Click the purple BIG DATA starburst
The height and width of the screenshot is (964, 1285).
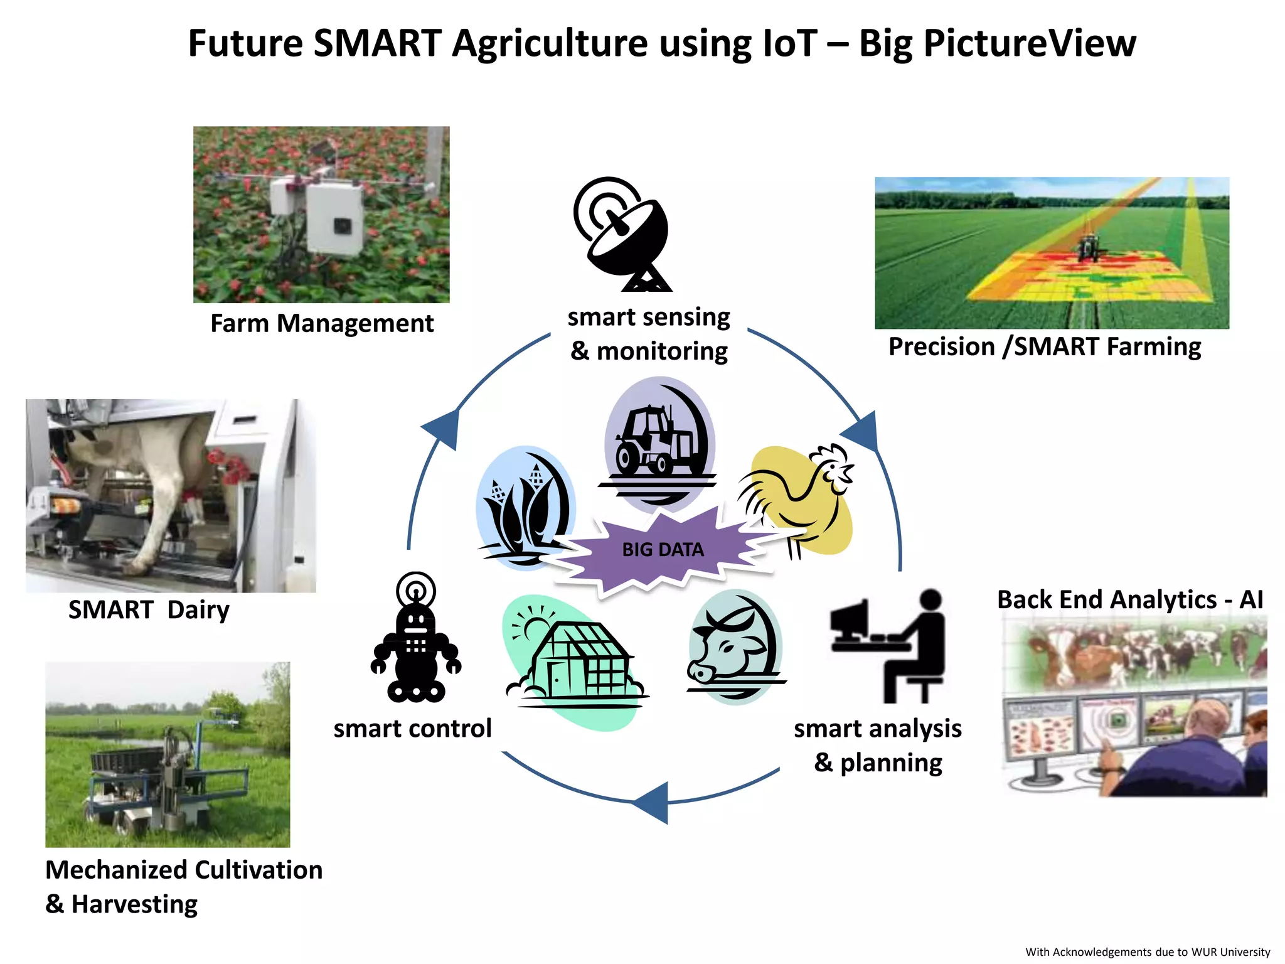(x=663, y=550)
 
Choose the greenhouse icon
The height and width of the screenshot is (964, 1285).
(x=574, y=662)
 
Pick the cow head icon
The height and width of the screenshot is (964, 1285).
(x=734, y=646)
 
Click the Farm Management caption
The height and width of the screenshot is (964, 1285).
(x=322, y=324)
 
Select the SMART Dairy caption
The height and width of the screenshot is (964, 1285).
(x=149, y=610)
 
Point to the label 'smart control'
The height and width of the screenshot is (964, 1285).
(x=412, y=729)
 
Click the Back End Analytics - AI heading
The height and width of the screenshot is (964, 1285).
(x=1130, y=600)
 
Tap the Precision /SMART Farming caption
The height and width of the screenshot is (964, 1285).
(x=1045, y=347)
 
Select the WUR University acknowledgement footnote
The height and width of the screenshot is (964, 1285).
(x=1148, y=951)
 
